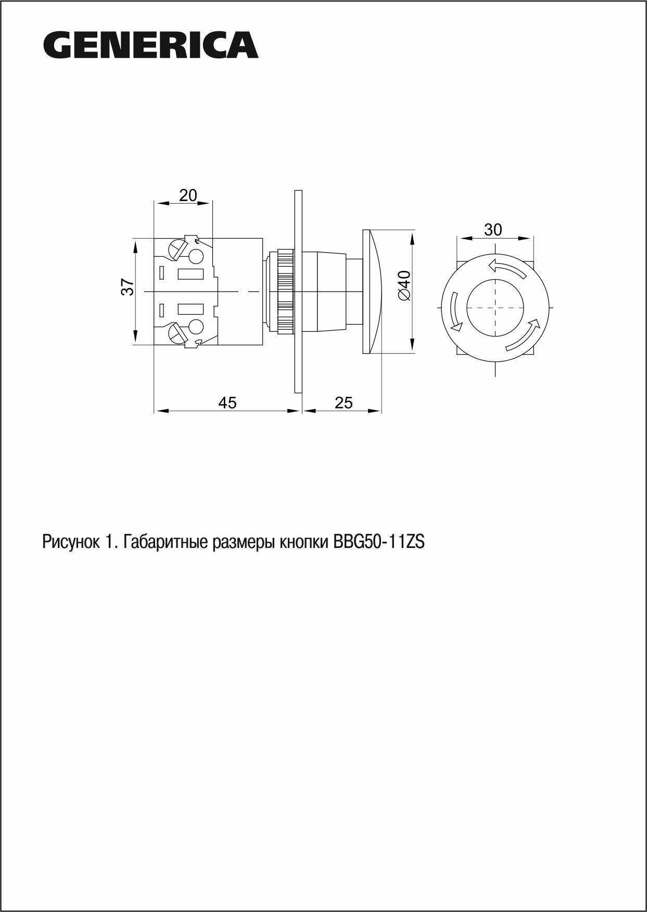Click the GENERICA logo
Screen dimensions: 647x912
click(151, 45)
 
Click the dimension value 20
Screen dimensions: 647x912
click(188, 195)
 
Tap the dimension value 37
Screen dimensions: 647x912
click(128, 287)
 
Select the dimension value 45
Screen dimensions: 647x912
click(227, 402)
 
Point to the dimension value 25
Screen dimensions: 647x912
click(344, 402)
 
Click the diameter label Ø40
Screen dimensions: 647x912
click(404, 285)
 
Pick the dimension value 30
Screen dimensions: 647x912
click(493, 229)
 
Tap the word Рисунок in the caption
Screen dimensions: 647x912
click(70, 543)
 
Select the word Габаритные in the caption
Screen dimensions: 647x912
click(167, 543)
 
